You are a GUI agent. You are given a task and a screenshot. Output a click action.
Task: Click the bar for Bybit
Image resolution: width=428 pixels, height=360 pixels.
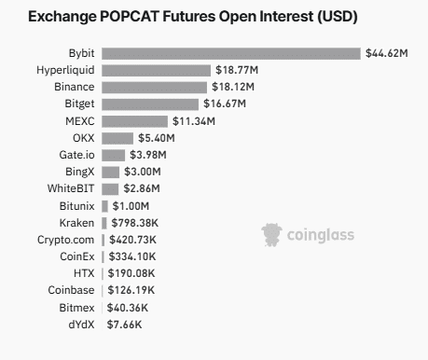230,53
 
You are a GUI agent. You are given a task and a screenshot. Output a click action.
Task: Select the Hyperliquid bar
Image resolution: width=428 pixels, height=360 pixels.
156,70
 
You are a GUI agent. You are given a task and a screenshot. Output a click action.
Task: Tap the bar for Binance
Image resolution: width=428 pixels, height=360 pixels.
154,87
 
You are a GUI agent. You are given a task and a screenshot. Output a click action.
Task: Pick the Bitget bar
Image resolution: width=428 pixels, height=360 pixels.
149,104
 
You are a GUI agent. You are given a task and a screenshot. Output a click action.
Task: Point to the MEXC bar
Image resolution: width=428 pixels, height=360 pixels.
134,120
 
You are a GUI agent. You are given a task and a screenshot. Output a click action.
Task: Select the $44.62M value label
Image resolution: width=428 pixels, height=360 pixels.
387,53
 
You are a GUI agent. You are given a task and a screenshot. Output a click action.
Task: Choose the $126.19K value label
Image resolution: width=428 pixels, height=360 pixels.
131,290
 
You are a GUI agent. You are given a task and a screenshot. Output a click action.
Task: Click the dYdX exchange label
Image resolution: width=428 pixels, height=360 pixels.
79,324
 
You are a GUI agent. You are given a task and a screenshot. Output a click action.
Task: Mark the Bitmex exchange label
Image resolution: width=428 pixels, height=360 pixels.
76,307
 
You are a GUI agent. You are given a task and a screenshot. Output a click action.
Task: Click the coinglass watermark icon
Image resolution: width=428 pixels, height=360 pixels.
271,234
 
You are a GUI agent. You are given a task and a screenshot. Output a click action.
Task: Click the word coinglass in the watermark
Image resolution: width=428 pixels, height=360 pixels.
321,235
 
